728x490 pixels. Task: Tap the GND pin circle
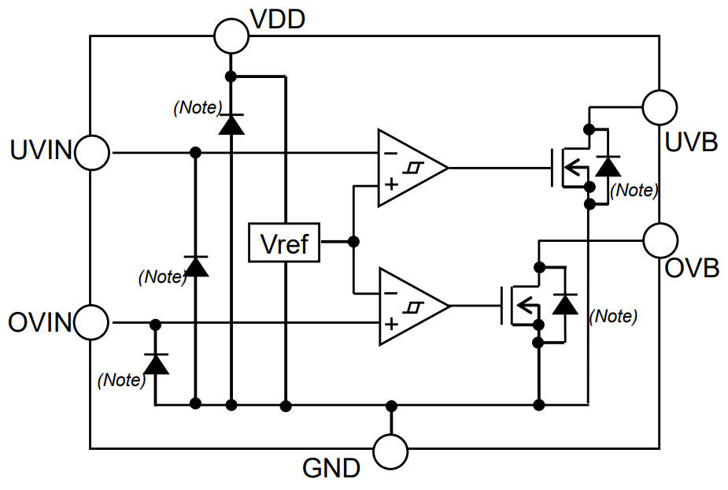pyautogui.click(x=390, y=451)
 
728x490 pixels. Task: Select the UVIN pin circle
pyautogui.click(x=93, y=152)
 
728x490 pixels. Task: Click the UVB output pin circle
pyautogui.click(x=660, y=107)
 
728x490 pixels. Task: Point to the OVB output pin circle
pyautogui.click(x=660, y=239)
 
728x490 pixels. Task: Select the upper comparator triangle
pyautogui.click(x=408, y=168)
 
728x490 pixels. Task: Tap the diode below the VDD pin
pyautogui.click(x=231, y=124)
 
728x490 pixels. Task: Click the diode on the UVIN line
pyautogui.click(x=195, y=266)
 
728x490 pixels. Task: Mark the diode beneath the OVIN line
pyautogui.click(x=157, y=363)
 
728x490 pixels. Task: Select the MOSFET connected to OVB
pyautogui.click(x=523, y=306)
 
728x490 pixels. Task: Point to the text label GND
pyautogui.click(x=331, y=469)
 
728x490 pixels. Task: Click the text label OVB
pyautogui.click(x=692, y=268)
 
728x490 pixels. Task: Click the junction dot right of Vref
pyautogui.click(x=353, y=242)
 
